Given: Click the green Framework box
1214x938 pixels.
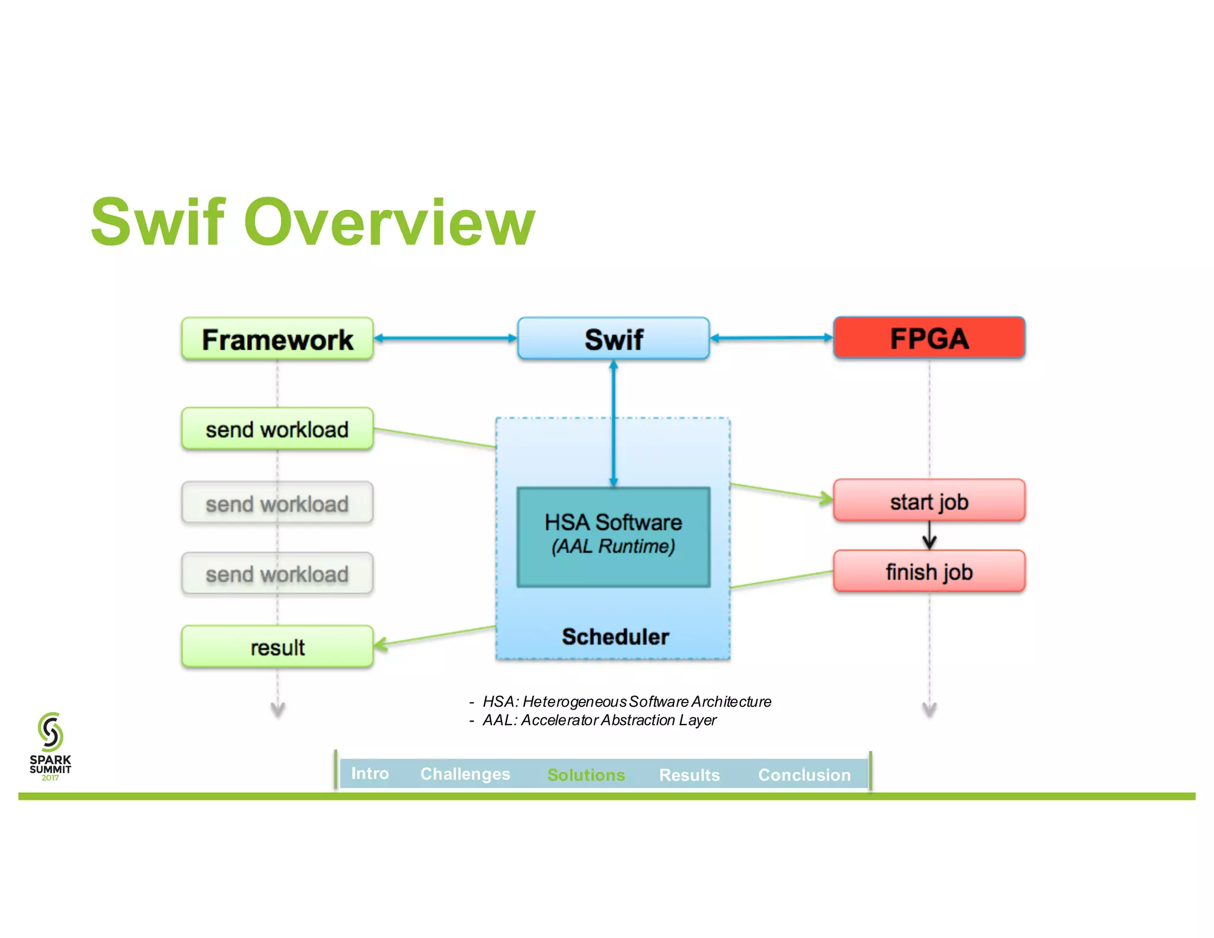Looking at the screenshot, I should (x=277, y=339).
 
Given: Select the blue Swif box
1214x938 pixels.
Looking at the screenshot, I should (x=614, y=339).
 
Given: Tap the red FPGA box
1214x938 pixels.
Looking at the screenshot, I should (x=929, y=338).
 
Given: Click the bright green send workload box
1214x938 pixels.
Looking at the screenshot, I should (x=277, y=429).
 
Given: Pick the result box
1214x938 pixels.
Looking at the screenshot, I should (x=277, y=647).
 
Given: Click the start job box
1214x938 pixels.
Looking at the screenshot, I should (x=929, y=501).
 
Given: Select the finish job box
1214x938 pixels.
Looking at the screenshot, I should (x=929, y=572).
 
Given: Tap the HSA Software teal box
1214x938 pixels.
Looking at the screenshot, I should (x=614, y=537).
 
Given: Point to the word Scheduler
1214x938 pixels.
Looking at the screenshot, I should (x=615, y=636).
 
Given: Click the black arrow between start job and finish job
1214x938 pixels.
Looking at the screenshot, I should (x=929, y=536).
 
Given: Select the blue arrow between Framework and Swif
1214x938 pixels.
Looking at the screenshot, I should (x=445, y=338).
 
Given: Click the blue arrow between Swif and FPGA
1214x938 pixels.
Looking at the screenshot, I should (x=771, y=338).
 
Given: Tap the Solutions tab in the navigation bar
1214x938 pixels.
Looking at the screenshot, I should (x=586, y=774).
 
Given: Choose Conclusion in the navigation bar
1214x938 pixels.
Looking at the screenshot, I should (x=804, y=774).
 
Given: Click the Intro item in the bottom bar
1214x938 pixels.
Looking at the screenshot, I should (x=370, y=773).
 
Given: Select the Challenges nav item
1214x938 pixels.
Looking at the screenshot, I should (x=465, y=774).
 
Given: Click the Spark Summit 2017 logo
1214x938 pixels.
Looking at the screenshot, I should (x=50, y=746).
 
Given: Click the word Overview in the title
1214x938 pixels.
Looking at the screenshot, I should (x=389, y=222).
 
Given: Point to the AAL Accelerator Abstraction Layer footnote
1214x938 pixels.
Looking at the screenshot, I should (x=599, y=720).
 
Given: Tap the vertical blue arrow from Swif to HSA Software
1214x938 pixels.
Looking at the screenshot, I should (x=614, y=424).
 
